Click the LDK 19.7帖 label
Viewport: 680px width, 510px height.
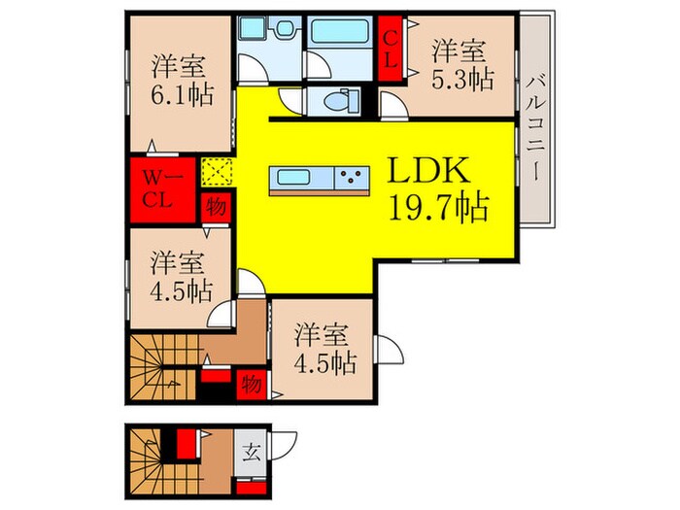pyautogui.click(x=437, y=189)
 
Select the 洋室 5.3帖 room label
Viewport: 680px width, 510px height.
pyautogui.click(x=460, y=64)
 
